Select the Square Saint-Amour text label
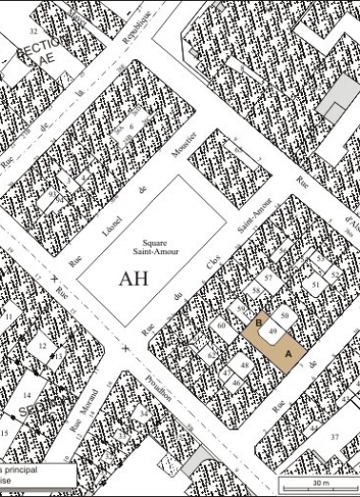point(149,247)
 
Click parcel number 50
point(284,314)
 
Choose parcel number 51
point(315,284)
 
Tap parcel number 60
point(221,326)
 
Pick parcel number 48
point(244,365)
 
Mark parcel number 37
point(334,435)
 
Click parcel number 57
point(269,277)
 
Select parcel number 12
point(42,347)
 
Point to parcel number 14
point(27,393)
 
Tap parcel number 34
point(143,414)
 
